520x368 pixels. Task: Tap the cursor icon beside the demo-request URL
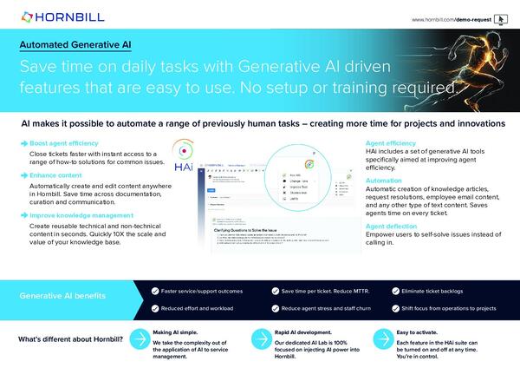pos(502,18)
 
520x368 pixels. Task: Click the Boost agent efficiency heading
pos(64,142)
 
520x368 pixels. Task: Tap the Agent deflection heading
pos(390,225)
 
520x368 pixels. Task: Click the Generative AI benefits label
pos(70,296)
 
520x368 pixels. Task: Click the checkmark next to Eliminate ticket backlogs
pos(396,289)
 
